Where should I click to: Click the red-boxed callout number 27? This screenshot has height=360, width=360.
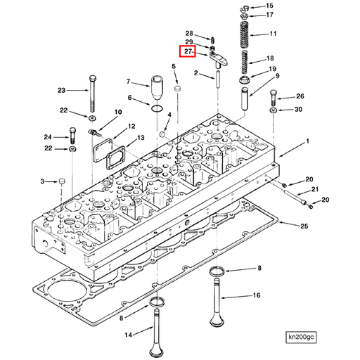188,52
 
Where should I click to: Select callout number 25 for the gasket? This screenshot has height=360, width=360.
304,226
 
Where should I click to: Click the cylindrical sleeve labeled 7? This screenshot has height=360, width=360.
155,91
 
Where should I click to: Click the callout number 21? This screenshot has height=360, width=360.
316,190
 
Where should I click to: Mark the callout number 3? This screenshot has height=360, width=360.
42,181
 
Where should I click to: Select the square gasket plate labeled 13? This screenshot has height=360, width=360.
110,156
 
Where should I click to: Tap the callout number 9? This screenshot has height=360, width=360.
277,76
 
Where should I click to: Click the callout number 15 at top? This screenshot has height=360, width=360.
269,6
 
